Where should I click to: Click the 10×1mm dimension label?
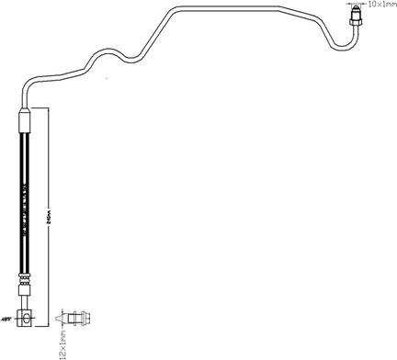tap(378, 6)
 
